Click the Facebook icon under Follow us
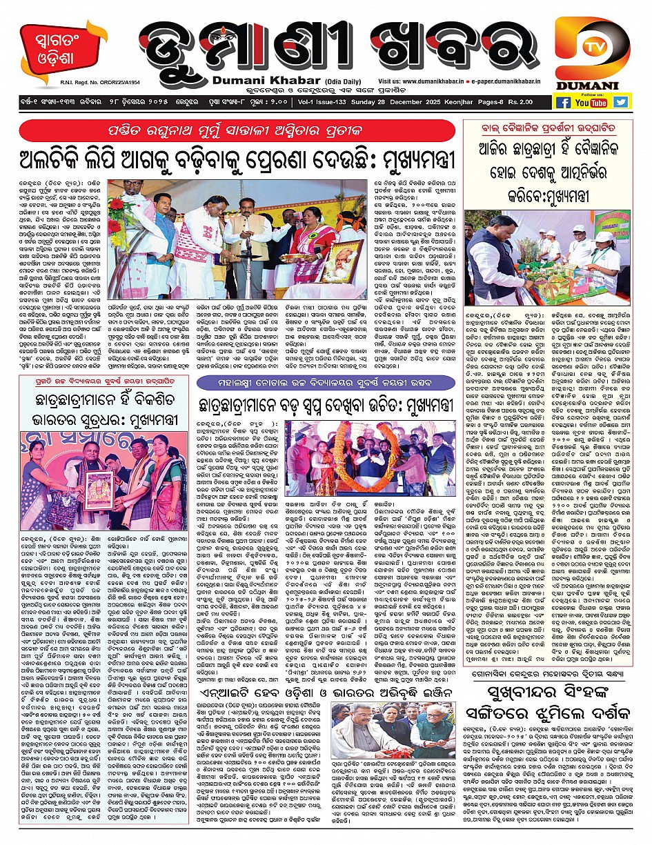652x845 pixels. (563, 102)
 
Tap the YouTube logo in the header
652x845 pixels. (591, 102)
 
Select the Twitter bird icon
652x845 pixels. (621, 102)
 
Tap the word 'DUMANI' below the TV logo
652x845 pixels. (594, 85)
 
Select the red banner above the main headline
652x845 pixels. (238, 131)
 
